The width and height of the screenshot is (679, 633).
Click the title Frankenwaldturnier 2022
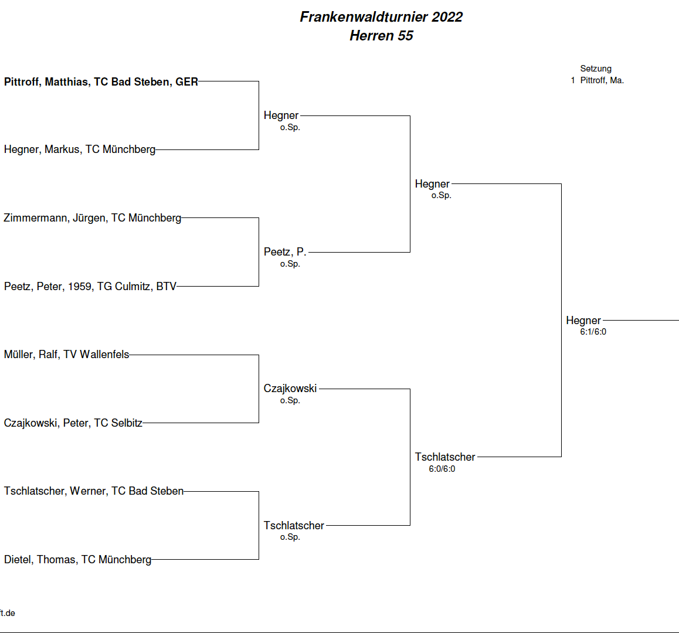tap(381, 17)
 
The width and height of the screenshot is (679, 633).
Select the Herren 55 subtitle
tap(381, 36)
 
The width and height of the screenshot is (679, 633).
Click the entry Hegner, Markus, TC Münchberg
tap(80, 149)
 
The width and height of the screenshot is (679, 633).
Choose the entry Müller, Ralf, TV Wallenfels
tap(66, 355)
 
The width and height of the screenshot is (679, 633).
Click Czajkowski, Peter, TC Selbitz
tap(73, 423)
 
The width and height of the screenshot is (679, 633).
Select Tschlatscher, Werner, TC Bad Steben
tap(94, 491)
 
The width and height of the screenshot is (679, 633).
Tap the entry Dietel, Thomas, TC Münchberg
tap(77, 559)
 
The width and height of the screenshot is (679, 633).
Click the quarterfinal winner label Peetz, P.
tap(285, 252)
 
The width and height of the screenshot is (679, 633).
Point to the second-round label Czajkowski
tap(290, 389)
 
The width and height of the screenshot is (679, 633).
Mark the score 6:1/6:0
tap(593, 332)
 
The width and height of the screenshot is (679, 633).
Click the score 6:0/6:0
tap(442, 469)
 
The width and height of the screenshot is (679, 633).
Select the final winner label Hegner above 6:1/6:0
tap(583, 321)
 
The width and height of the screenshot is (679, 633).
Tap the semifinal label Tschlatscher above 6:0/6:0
tap(445, 457)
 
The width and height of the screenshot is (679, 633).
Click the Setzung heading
tap(596, 69)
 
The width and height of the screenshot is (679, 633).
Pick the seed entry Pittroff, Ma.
tap(602, 80)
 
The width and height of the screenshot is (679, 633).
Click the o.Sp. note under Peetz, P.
tap(290, 264)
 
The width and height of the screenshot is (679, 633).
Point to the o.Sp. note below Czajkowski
tap(290, 400)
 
